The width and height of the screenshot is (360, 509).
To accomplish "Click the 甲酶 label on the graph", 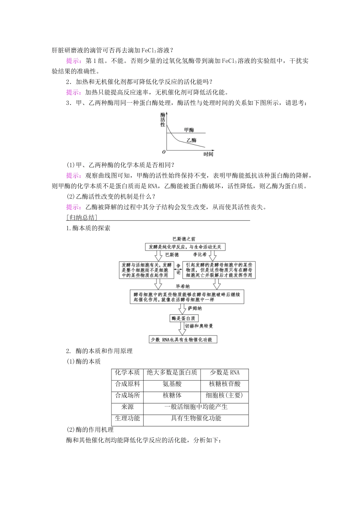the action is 189,130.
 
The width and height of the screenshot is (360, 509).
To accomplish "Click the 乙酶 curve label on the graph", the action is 191,140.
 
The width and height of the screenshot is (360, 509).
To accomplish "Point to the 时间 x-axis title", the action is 208,154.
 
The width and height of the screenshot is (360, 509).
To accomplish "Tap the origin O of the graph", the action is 164,151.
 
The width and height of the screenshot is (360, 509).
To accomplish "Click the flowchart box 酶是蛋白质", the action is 184,319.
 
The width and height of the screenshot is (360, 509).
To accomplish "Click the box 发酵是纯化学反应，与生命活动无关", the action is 185,247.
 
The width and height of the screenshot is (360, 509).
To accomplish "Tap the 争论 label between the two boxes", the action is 178,270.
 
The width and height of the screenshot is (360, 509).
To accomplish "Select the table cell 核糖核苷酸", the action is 225,384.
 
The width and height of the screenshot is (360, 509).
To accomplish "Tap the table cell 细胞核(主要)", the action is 224,395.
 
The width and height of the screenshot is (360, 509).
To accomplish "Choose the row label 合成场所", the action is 127,395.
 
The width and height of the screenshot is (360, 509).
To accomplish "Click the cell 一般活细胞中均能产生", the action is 196,407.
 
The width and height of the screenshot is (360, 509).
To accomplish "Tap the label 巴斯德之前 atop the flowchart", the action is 184,239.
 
